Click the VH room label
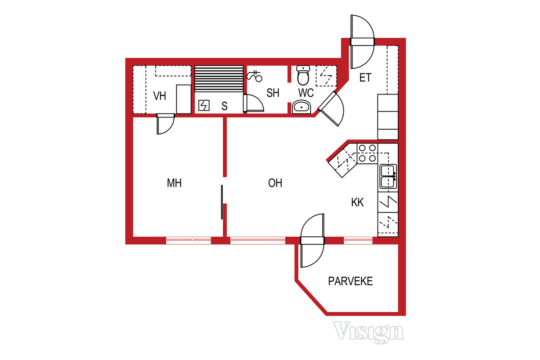pyautogui.click(x=160, y=96)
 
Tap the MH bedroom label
pyautogui.click(x=174, y=183)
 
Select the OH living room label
pyautogui.click(x=275, y=183)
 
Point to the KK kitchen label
pyautogui.click(x=357, y=202)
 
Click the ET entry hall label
pyautogui.click(x=365, y=78)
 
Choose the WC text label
pyautogui.click(x=306, y=93)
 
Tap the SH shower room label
pyautogui.click(x=273, y=93)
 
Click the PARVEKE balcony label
pyautogui.click(x=351, y=281)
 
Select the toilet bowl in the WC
pyautogui.click(x=303, y=75)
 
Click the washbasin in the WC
pyautogui.click(x=301, y=107)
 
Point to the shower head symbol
pyautogui.click(x=255, y=76)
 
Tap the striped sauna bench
pyautogui.click(x=219, y=79)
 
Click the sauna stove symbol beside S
pyautogui.click(x=204, y=105)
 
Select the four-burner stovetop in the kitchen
pyautogui.click(x=367, y=153)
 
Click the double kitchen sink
pyautogui.click(x=388, y=176)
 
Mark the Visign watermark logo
pyautogui.click(x=369, y=332)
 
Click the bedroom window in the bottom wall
pyautogui.click(x=189, y=240)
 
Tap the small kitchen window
pyautogui.click(x=358, y=240)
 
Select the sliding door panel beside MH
pyautogui.click(x=222, y=202)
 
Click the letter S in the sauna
pyautogui.click(x=225, y=106)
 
